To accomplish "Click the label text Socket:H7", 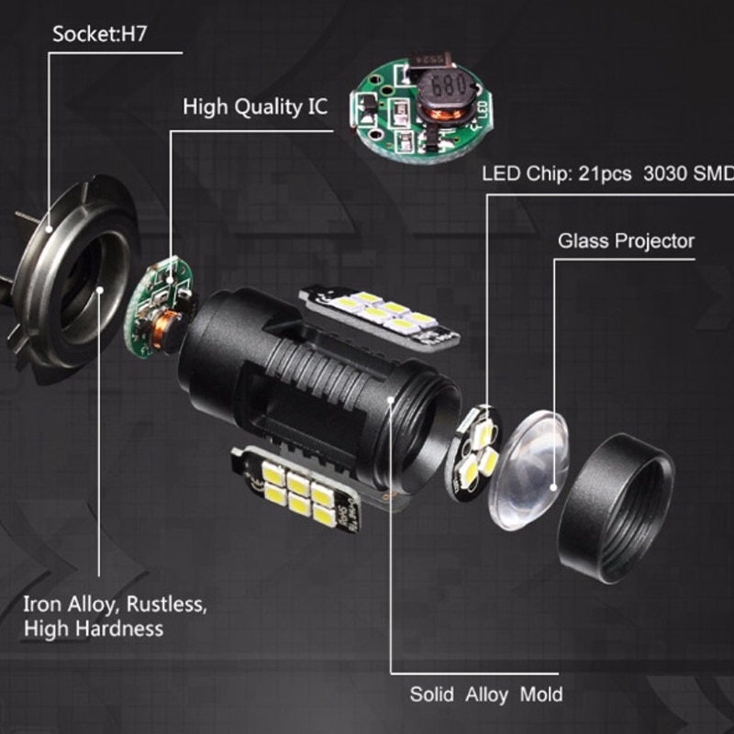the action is coord(99,34).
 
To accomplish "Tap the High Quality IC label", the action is coord(255,107).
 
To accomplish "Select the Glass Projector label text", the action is coord(626,241).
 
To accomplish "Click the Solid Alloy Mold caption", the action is coord(486,695).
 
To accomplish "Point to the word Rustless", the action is coord(166,605).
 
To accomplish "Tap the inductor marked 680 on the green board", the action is coord(442,97).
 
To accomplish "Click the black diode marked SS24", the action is coord(429,60).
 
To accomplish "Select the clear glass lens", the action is coord(529,470).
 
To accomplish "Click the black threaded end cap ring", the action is coord(616,508).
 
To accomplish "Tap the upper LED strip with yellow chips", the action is coord(379,317).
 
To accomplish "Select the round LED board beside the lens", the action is coord(473,452).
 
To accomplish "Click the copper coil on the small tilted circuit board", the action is coord(166,329).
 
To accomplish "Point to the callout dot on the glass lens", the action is coord(553,488).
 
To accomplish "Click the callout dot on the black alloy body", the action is coord(391,399).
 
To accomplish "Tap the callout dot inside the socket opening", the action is coord(99,290).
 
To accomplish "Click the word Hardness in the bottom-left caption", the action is coord(120,628).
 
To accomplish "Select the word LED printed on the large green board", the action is coord(484,111).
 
